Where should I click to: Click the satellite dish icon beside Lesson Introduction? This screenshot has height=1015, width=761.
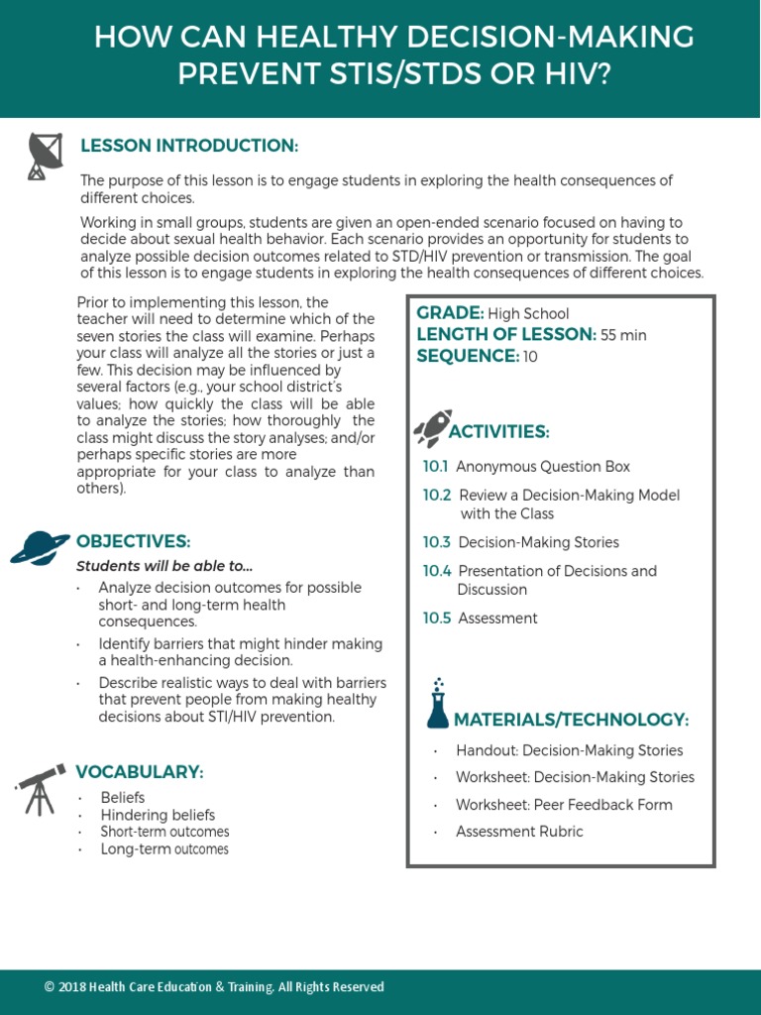[x=43, y=156]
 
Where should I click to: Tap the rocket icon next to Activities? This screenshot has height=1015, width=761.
[x=432, y=427]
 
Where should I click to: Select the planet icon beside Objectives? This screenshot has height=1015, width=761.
[x=40, y=545]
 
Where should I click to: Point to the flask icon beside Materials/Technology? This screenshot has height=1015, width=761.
[x=437, y=704]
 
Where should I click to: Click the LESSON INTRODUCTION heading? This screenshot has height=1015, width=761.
[x=189, y=146]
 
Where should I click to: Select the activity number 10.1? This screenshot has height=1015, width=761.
[x=435, y=467]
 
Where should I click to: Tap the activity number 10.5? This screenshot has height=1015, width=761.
[x=436, y=619]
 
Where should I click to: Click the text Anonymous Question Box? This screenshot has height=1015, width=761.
[x=542, y=467]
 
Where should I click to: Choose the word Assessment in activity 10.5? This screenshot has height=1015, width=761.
[x=497, y=619]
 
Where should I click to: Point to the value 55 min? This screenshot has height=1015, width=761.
[x=623, y=335]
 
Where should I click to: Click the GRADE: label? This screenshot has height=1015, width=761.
[x=450, y=313]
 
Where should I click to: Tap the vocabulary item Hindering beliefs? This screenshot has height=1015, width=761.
[x=158, y=815]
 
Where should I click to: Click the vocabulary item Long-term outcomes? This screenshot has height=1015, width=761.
[x=164, y=849]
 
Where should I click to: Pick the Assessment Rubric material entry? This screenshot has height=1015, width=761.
[x=519, y=832]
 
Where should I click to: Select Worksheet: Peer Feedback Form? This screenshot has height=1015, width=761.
[x=564, y=805]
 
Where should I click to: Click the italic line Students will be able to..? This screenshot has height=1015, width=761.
[x=165, y=566]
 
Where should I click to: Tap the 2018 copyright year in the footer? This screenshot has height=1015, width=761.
[x=71, y=987]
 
